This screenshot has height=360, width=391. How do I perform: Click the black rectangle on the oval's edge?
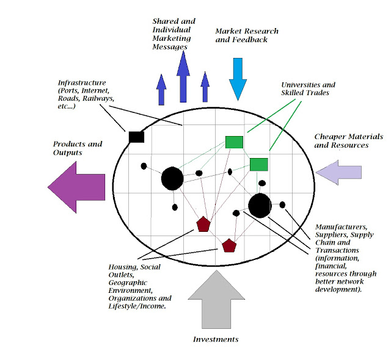pos(136,136)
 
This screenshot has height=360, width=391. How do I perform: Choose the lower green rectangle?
pos(258,164)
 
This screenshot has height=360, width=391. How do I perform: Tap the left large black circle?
pos(172,178)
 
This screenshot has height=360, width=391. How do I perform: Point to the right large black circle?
pos(260,206)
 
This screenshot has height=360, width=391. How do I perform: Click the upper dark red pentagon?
pos(203,224)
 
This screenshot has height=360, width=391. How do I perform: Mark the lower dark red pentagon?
pos(229,245)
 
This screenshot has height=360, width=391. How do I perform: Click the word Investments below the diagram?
pos(215,339)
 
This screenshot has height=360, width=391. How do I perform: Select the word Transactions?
pos(338,250)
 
